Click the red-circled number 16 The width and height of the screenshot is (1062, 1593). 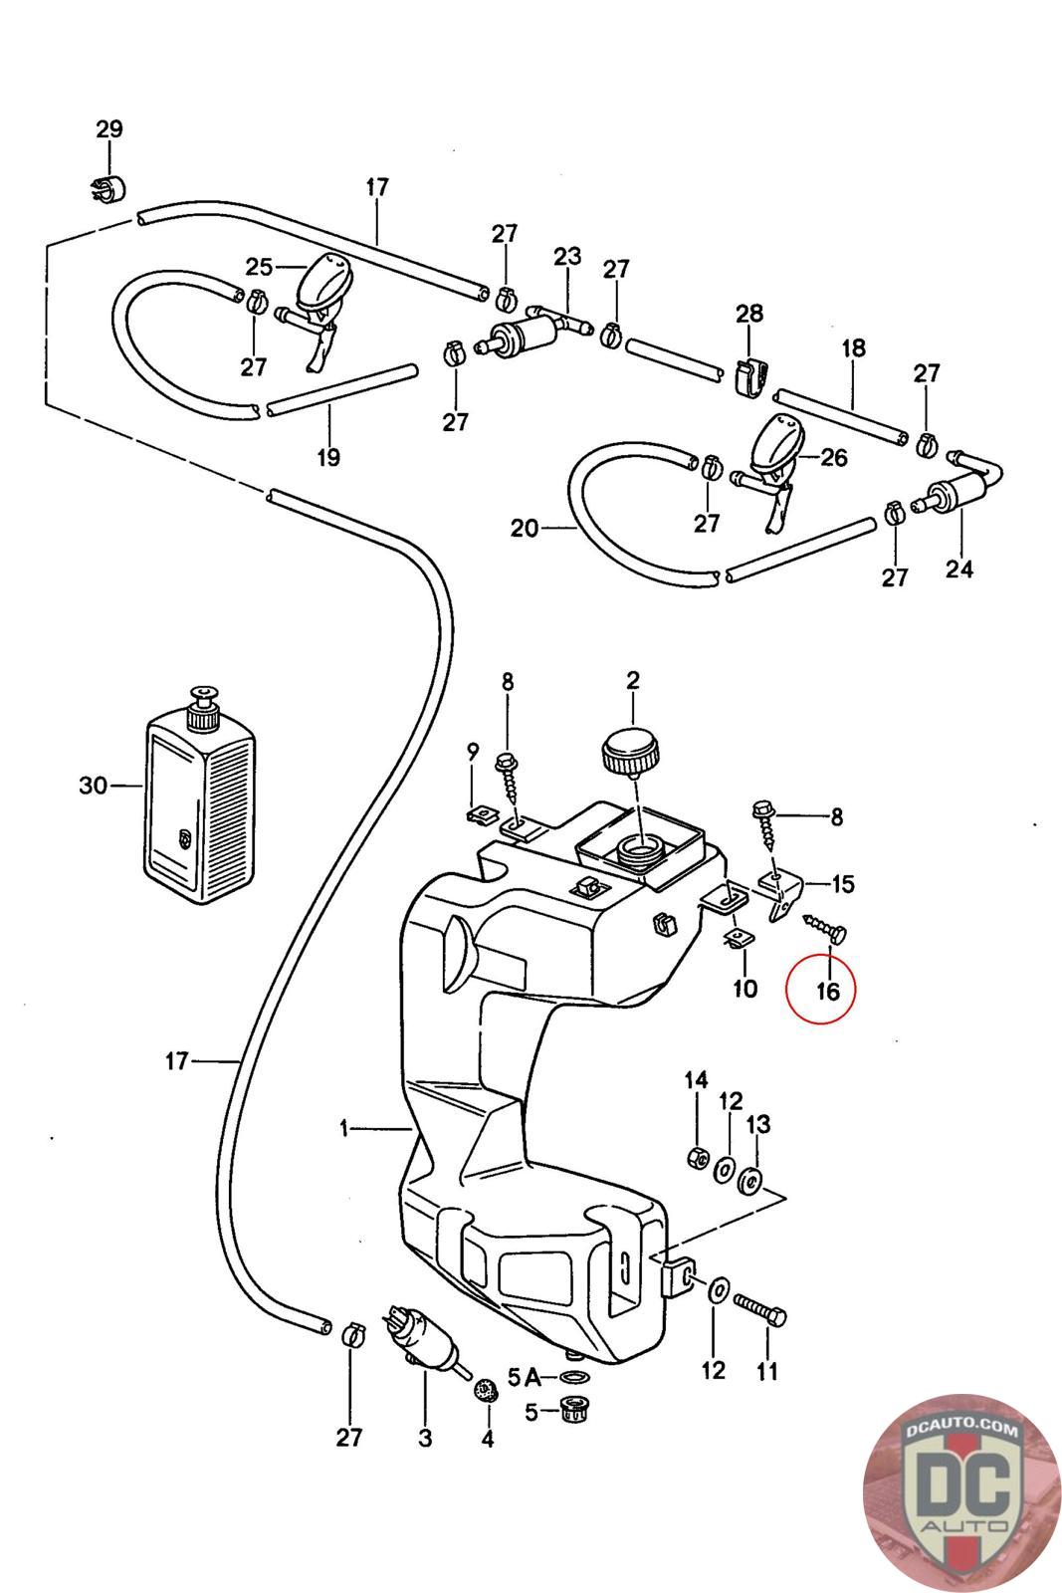(827, 991)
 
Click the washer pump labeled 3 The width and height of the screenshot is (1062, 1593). (425, 1340)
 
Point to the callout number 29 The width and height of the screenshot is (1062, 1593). (109, 128)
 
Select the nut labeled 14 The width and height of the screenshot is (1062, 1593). (697, 1157)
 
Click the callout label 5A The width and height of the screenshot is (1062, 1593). (524, 1378)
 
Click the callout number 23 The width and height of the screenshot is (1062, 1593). (567, 256)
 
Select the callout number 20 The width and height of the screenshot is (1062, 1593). (525, 528)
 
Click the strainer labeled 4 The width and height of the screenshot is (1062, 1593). (487, 1387)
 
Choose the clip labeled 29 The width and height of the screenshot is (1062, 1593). (105, 186)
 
